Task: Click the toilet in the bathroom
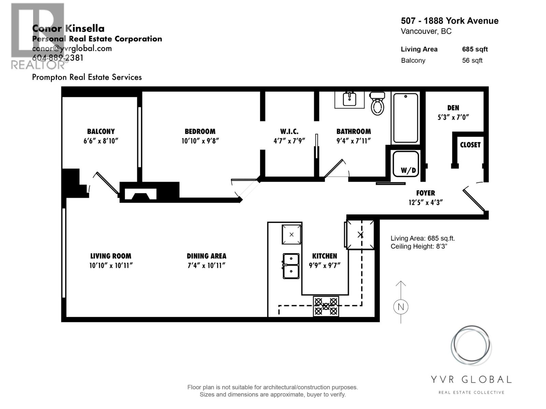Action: [x=378, y=104]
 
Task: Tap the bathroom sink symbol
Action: [x=349, y=99]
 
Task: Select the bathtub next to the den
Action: [x=405, y=118]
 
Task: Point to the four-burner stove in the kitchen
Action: [x=326, y=306]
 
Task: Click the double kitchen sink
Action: [x=291, y=266]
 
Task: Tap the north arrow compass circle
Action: [x=401, y=307]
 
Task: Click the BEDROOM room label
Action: [x=200, y=132]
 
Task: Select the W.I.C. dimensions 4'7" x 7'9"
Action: [x=289, y=141]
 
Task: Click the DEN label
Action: [x=453, y=108]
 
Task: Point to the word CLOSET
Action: [x=470, y=145]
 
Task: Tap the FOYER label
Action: [x=426, y=193]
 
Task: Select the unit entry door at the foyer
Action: [x=474, y=199]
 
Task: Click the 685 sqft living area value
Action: [x=475, y=49]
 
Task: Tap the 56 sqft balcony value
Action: [x=472, y=61]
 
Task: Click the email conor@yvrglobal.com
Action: [x=72, y=48]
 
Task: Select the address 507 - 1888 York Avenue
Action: [x=449, y=21]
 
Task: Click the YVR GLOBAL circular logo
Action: [x=471, y=346]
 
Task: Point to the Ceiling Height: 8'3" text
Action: [x=419, y=246]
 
